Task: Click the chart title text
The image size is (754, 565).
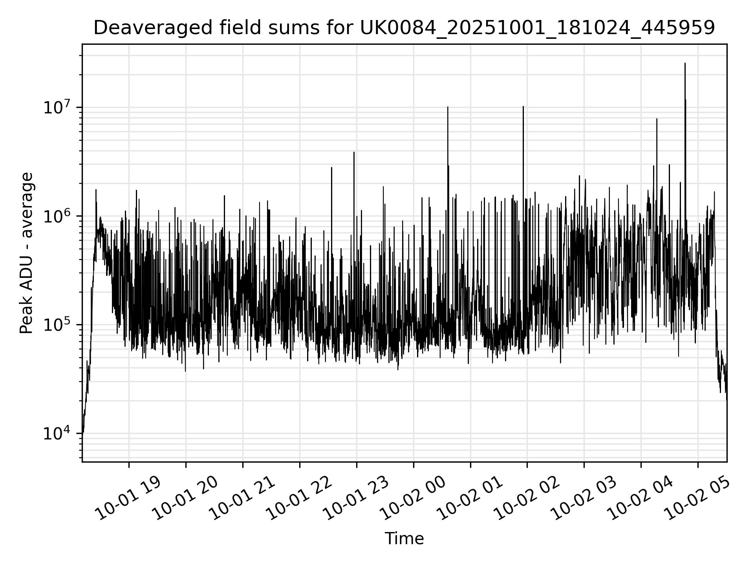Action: (x=404, y=28)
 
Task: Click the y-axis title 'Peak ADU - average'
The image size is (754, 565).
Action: (x=27, y=253)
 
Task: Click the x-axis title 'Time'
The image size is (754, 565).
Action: (x=404, y=539)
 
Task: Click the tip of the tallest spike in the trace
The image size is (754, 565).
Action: (x=685, y=63)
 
